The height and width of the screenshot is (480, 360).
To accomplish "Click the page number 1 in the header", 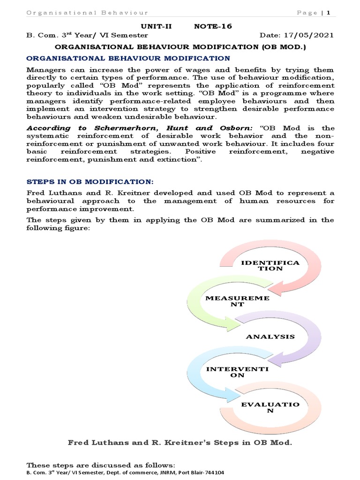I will [x=329, y=13].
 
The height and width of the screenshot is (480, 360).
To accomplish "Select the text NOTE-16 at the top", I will [x=213, y=27].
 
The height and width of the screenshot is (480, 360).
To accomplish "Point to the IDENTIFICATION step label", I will [x=270, y=265].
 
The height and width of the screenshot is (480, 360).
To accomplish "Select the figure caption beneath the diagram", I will [x=180, y=442].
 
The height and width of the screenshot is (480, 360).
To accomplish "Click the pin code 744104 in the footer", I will [x=214, y=472].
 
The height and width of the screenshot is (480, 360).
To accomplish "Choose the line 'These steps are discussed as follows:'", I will [x=101, y=465].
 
